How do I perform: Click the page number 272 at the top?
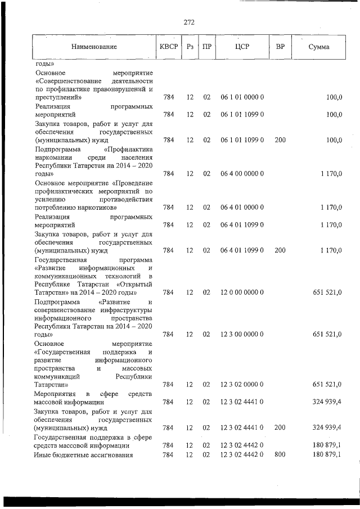pyautogui.click(x=189, y=22)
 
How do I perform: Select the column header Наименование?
pyautogui.click(x=94, y=47)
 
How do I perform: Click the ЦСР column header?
pyautogui.click(x=242, y=47)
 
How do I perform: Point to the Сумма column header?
pyautogui.click(x=319, y=47)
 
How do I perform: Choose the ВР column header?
pyautogui.click(x=280, y=47)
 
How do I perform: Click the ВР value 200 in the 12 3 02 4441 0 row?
pyautogui.click(x=280, y=427)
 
